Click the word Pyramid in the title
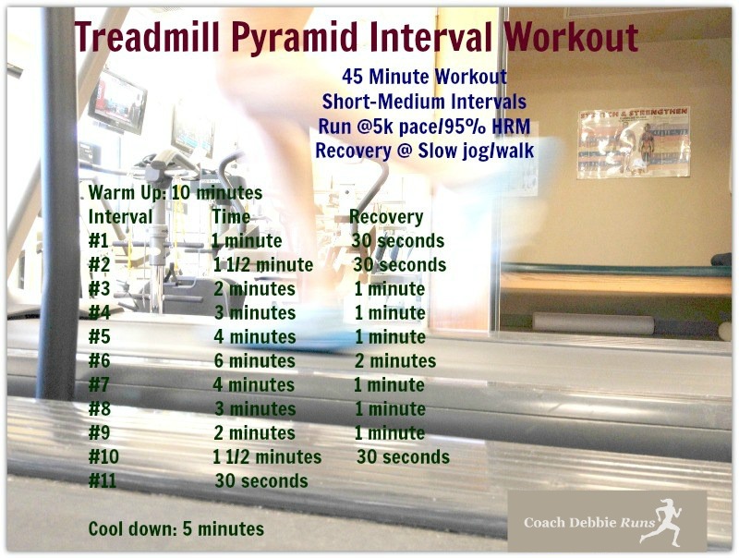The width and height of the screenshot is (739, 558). point(297,38)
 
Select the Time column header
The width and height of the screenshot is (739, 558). point(231,217)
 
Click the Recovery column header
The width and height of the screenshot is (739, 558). point(386,217)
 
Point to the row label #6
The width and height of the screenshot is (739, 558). point(100,361)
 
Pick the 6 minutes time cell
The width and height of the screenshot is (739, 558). point(255,361)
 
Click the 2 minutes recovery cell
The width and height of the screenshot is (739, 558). point(395,361)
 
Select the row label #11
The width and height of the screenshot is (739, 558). point(103,481)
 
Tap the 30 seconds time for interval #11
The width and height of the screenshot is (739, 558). point(261,481)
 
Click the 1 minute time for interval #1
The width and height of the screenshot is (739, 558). point(247,241)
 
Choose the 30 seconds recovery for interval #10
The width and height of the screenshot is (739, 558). point(403,457)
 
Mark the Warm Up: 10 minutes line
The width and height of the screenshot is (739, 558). point(176,193)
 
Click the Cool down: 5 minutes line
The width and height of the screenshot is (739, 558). point(176,528)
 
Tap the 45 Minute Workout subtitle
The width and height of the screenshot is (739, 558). point(425,77)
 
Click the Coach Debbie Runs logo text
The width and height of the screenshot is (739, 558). point(589,523)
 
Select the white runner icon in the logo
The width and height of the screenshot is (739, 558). point(661,522)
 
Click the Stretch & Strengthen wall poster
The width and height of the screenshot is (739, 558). point(634,143)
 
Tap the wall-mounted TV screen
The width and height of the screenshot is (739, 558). point(117,103)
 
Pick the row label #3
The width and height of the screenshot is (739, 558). point(99,289)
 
